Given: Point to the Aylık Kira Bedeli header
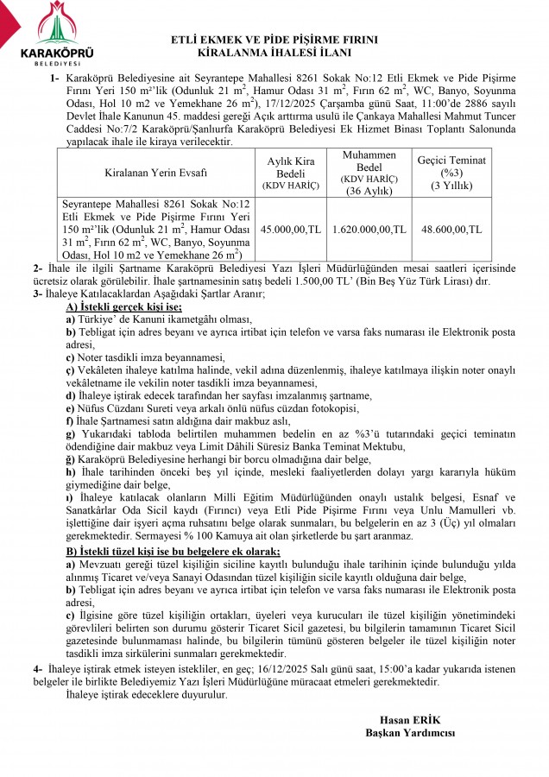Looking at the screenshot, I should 291,173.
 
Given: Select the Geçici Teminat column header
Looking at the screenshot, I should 451,173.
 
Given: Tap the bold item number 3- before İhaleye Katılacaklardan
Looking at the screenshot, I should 37,294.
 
